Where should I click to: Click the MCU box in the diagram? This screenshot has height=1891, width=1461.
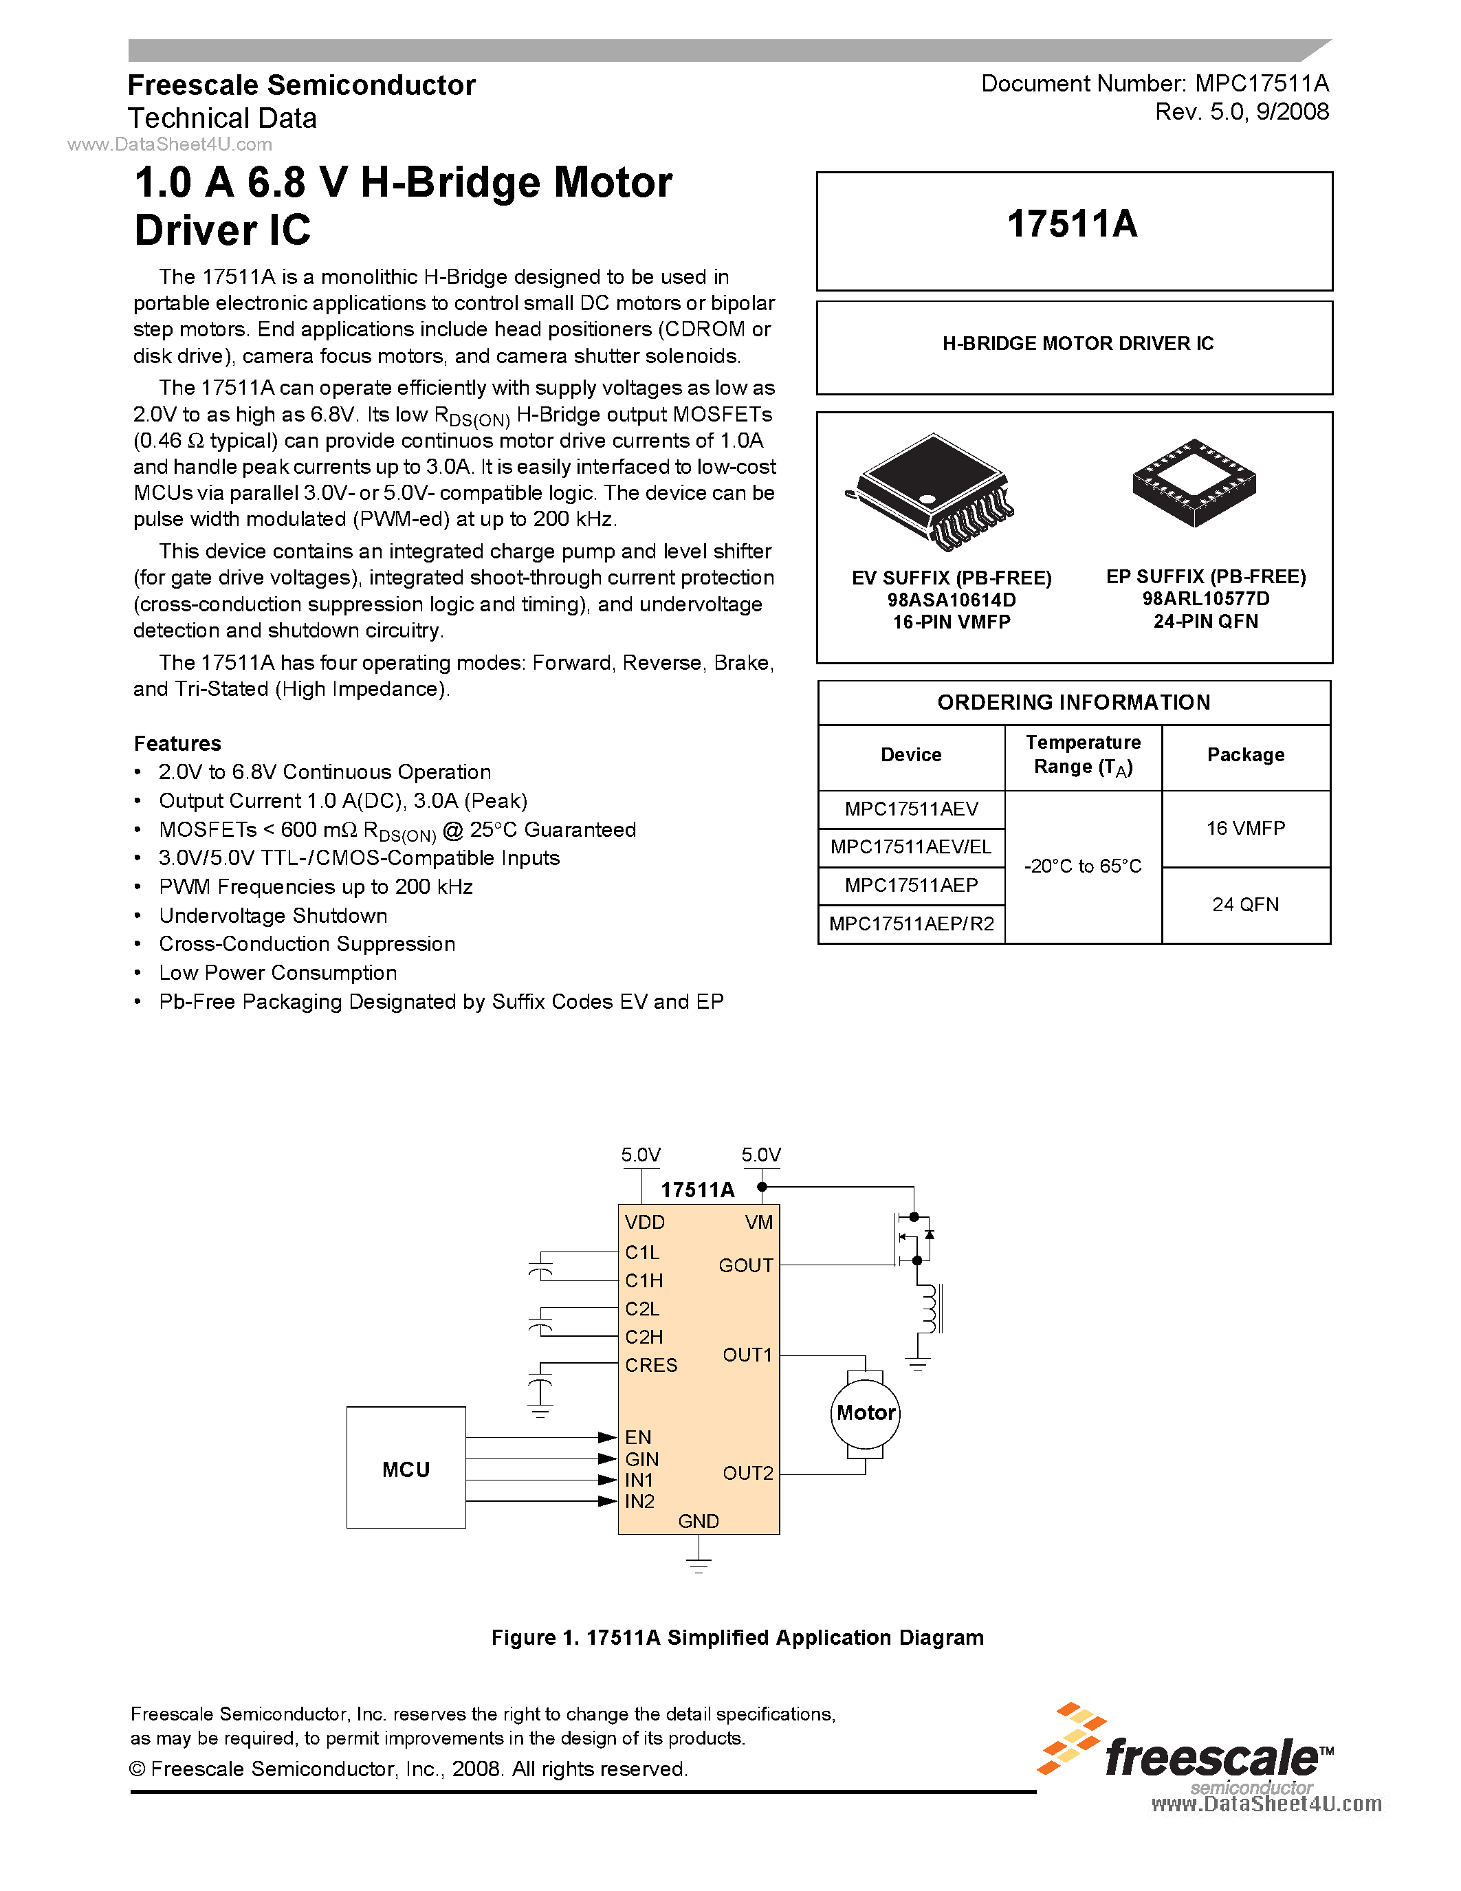(x=406, y=1469)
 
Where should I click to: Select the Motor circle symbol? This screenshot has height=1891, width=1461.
(x=866, y=1413)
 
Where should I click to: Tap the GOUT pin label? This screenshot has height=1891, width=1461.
(x=745, y=1265)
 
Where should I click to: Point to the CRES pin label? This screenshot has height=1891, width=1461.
(x=651, y=1366)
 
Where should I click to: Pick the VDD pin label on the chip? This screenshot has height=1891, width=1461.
(x=645, y=1223)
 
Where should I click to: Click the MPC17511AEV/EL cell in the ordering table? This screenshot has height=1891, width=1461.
(x=910, y=846)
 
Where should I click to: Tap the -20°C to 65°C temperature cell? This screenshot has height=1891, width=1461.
(x=1083, y=866)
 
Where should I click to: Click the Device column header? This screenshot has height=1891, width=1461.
(x=910, y=755)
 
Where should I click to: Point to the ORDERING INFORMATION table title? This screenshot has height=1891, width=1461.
(x=1073, y=702)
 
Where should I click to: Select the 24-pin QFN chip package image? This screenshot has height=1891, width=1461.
(x=1194, y=481)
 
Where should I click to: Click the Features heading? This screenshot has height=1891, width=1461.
(x=177, y=744)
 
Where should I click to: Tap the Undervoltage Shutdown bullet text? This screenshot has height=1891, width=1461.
(x=273, y=915)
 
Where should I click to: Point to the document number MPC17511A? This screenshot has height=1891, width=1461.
(x=1261, y=83)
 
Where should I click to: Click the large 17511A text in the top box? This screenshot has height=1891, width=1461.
(x=1073, y=224)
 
